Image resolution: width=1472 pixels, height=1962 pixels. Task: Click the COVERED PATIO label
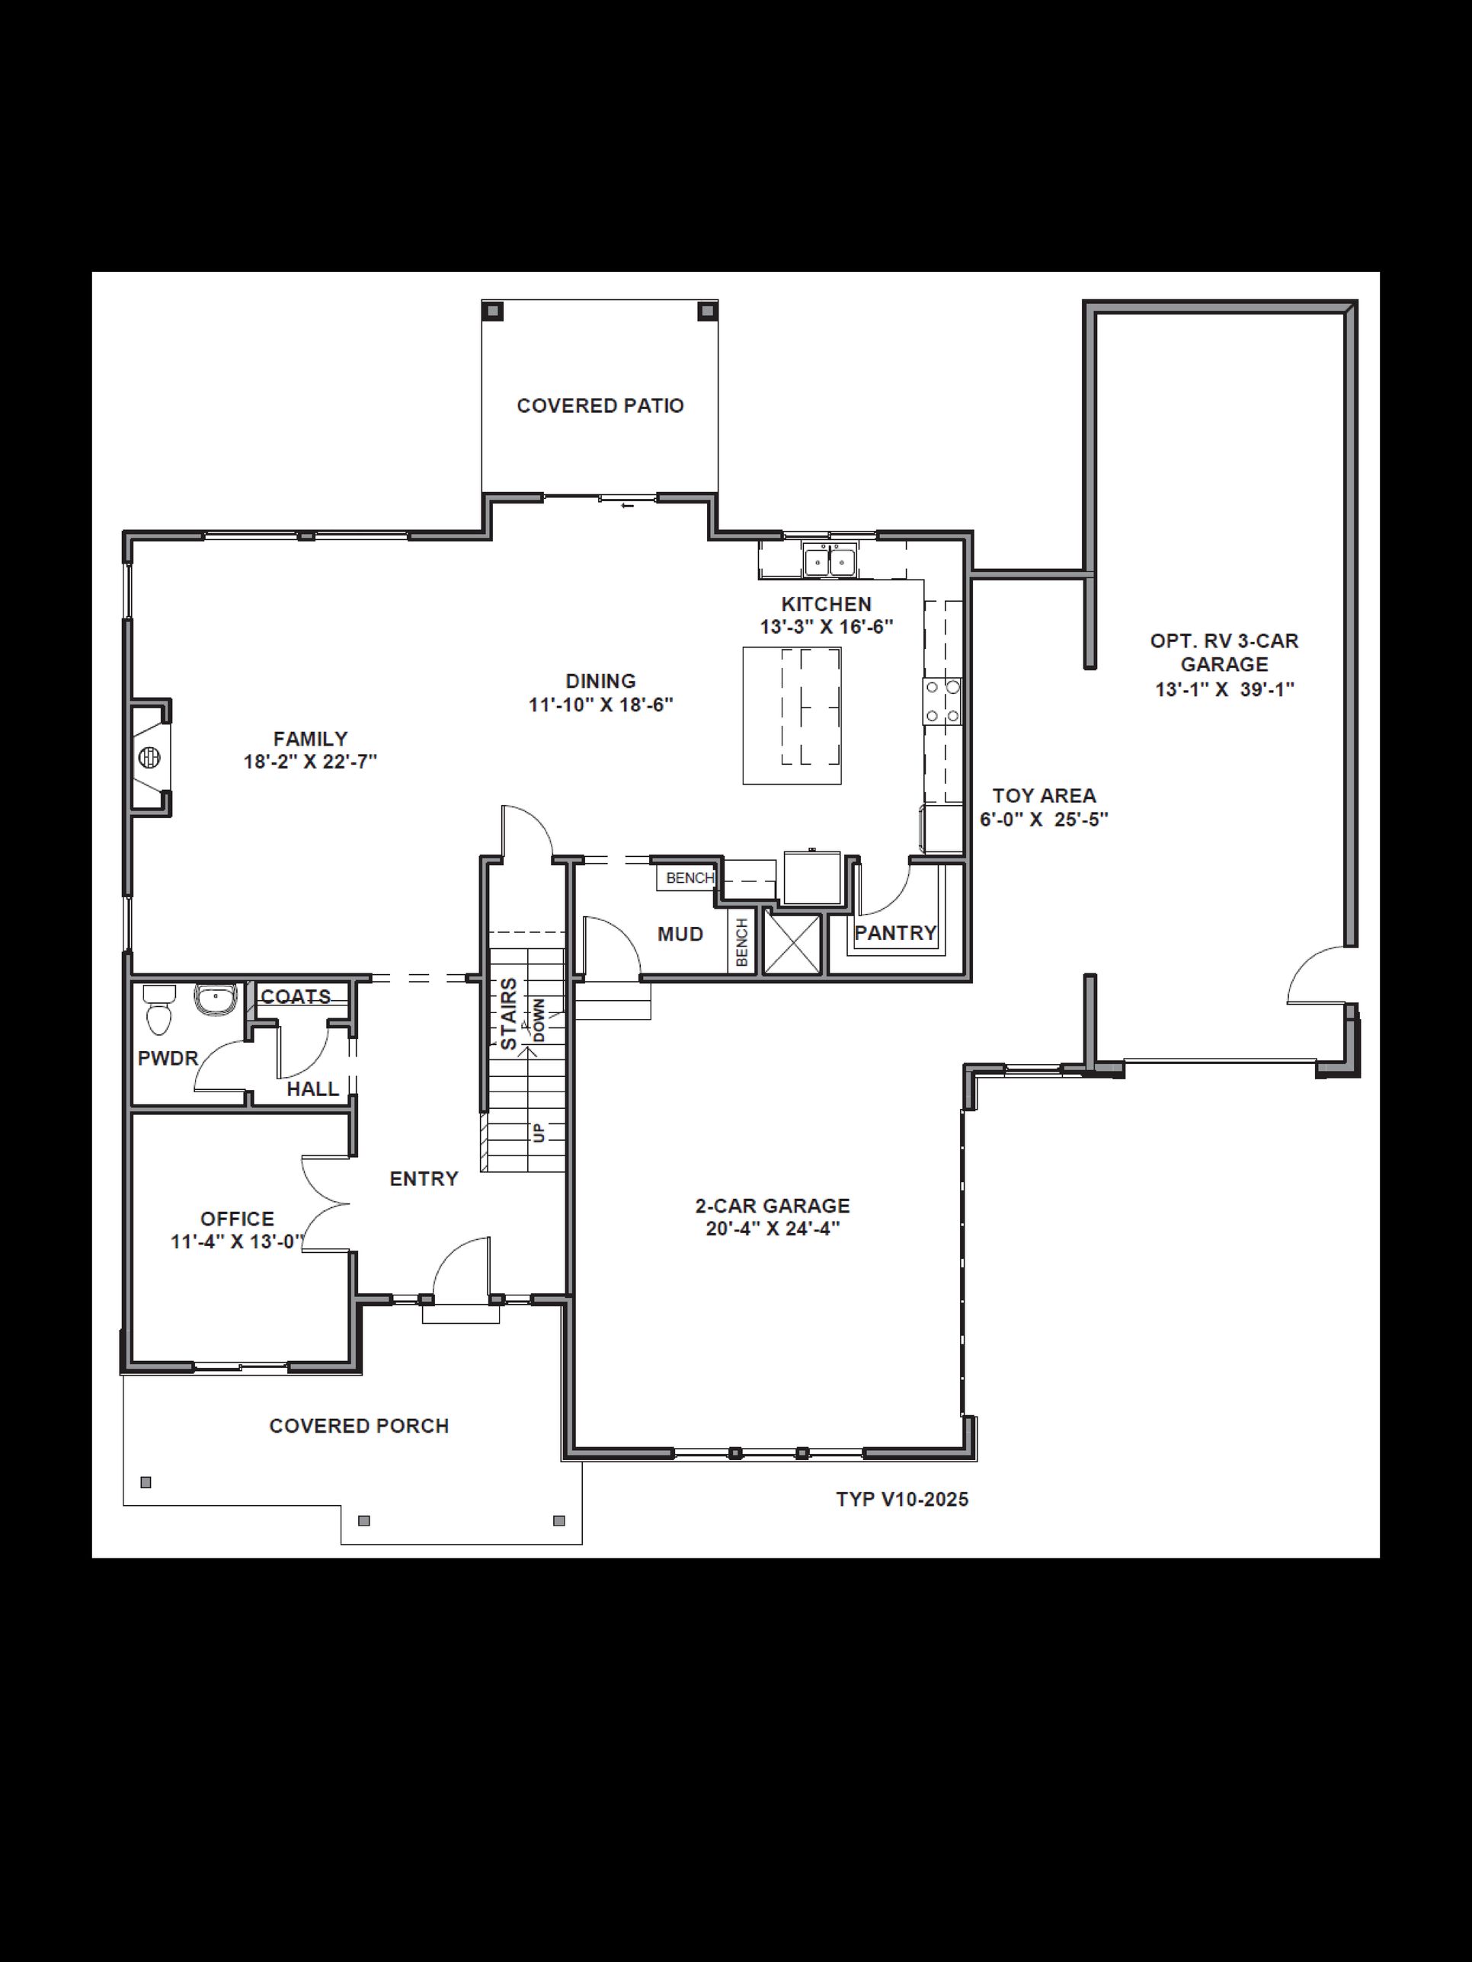tap(600, 405)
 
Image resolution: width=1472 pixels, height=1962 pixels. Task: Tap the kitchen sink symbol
tap(830, 561)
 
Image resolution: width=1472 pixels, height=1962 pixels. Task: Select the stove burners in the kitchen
tap(942, 701)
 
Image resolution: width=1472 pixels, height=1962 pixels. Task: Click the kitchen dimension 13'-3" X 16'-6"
tap(826, 627)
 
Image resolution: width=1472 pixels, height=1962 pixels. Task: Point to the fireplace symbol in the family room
tap(150, 758)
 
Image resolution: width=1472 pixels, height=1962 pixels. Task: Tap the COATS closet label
tap(296, 997)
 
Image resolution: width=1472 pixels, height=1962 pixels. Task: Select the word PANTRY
tap(895, 933)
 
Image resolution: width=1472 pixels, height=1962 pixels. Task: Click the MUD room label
tap(680, 934)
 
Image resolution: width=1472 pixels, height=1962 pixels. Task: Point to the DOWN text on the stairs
tap(539, 1020)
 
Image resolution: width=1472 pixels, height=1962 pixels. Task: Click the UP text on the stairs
tap(539, 1133)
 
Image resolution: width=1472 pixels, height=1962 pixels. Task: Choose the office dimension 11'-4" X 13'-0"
tap(237, 1241)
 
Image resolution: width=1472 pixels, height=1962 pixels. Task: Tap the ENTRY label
tap(424, 1179)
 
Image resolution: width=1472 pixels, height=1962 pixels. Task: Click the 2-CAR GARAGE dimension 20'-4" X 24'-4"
tap(773, 1229)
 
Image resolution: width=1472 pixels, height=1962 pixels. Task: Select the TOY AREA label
tap(1045, 796)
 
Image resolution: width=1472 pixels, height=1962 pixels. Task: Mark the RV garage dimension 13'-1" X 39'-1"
tap(1224, 689)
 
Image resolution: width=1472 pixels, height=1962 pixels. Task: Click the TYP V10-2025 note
tap(902, 1500)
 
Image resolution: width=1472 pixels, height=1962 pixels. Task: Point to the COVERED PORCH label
tap(360, 1427)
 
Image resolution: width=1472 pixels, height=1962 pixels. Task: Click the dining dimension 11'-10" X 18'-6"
tap(600, 705)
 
